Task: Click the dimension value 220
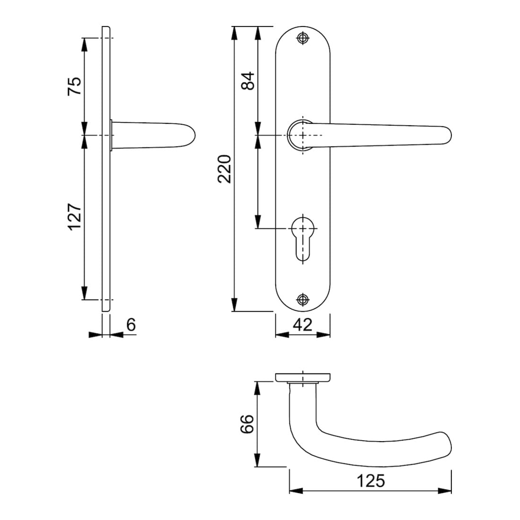click(x=225, y=169)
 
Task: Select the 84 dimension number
click(x=248, y=80)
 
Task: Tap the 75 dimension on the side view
click(x=74, y=86)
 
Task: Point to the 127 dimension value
click(x=74, y=217)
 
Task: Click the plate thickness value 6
click(x=131, y=325)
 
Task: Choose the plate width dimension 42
click(x=303, y=325)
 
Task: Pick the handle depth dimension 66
click(x=247, y=424)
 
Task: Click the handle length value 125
click(x=371, y=481)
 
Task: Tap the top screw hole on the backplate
click(x=302, y=38)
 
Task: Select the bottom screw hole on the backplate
click(x=302, y=299)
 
